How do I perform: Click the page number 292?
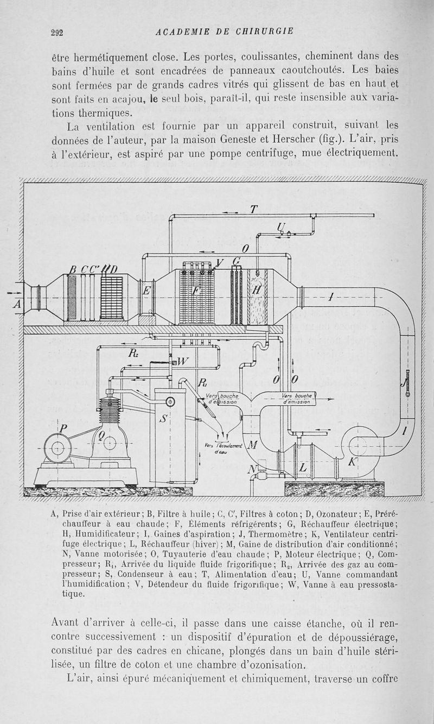[57, 32]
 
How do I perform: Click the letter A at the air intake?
[17, 305]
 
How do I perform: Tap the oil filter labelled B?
[71, 297]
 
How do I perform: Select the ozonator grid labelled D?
[112, 298]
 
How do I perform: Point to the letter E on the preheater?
[145, 291]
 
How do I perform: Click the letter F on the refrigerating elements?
[196, 291]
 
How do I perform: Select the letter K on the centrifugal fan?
[354, 462]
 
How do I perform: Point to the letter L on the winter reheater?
[303, 468]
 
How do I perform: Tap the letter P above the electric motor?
[63, 429]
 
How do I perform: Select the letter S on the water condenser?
[163, 419]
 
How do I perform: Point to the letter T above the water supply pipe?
[253, 209]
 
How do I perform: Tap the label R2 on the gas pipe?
[133, 354]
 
